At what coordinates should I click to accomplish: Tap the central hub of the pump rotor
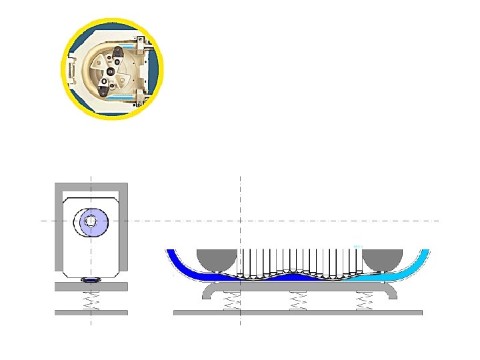point(110,72)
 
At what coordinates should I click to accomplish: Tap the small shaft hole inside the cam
point(91,221)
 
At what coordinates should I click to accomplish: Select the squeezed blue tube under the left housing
point(91,281)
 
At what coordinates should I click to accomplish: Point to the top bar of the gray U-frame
point(91,185)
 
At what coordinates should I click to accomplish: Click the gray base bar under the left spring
point(91,312)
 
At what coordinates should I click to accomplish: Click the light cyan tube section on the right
point(400,272)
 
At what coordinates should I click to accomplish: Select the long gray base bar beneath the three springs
point(297,312)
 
